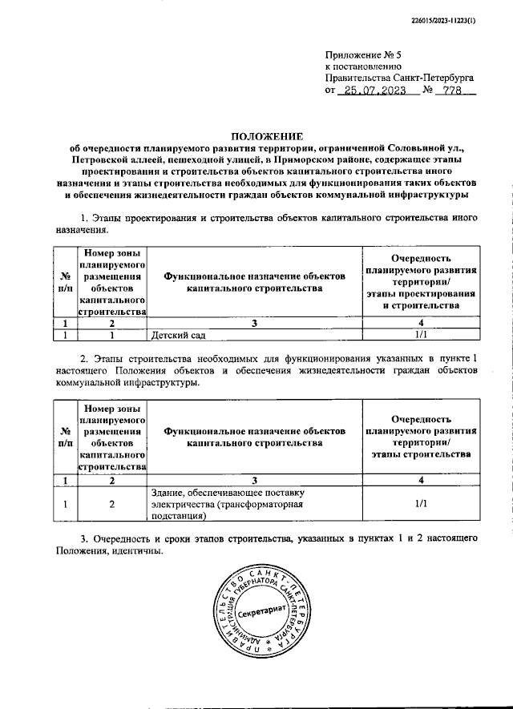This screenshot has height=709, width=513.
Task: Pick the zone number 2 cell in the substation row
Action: [112, 505]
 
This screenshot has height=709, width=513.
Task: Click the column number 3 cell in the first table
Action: [254, 324]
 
